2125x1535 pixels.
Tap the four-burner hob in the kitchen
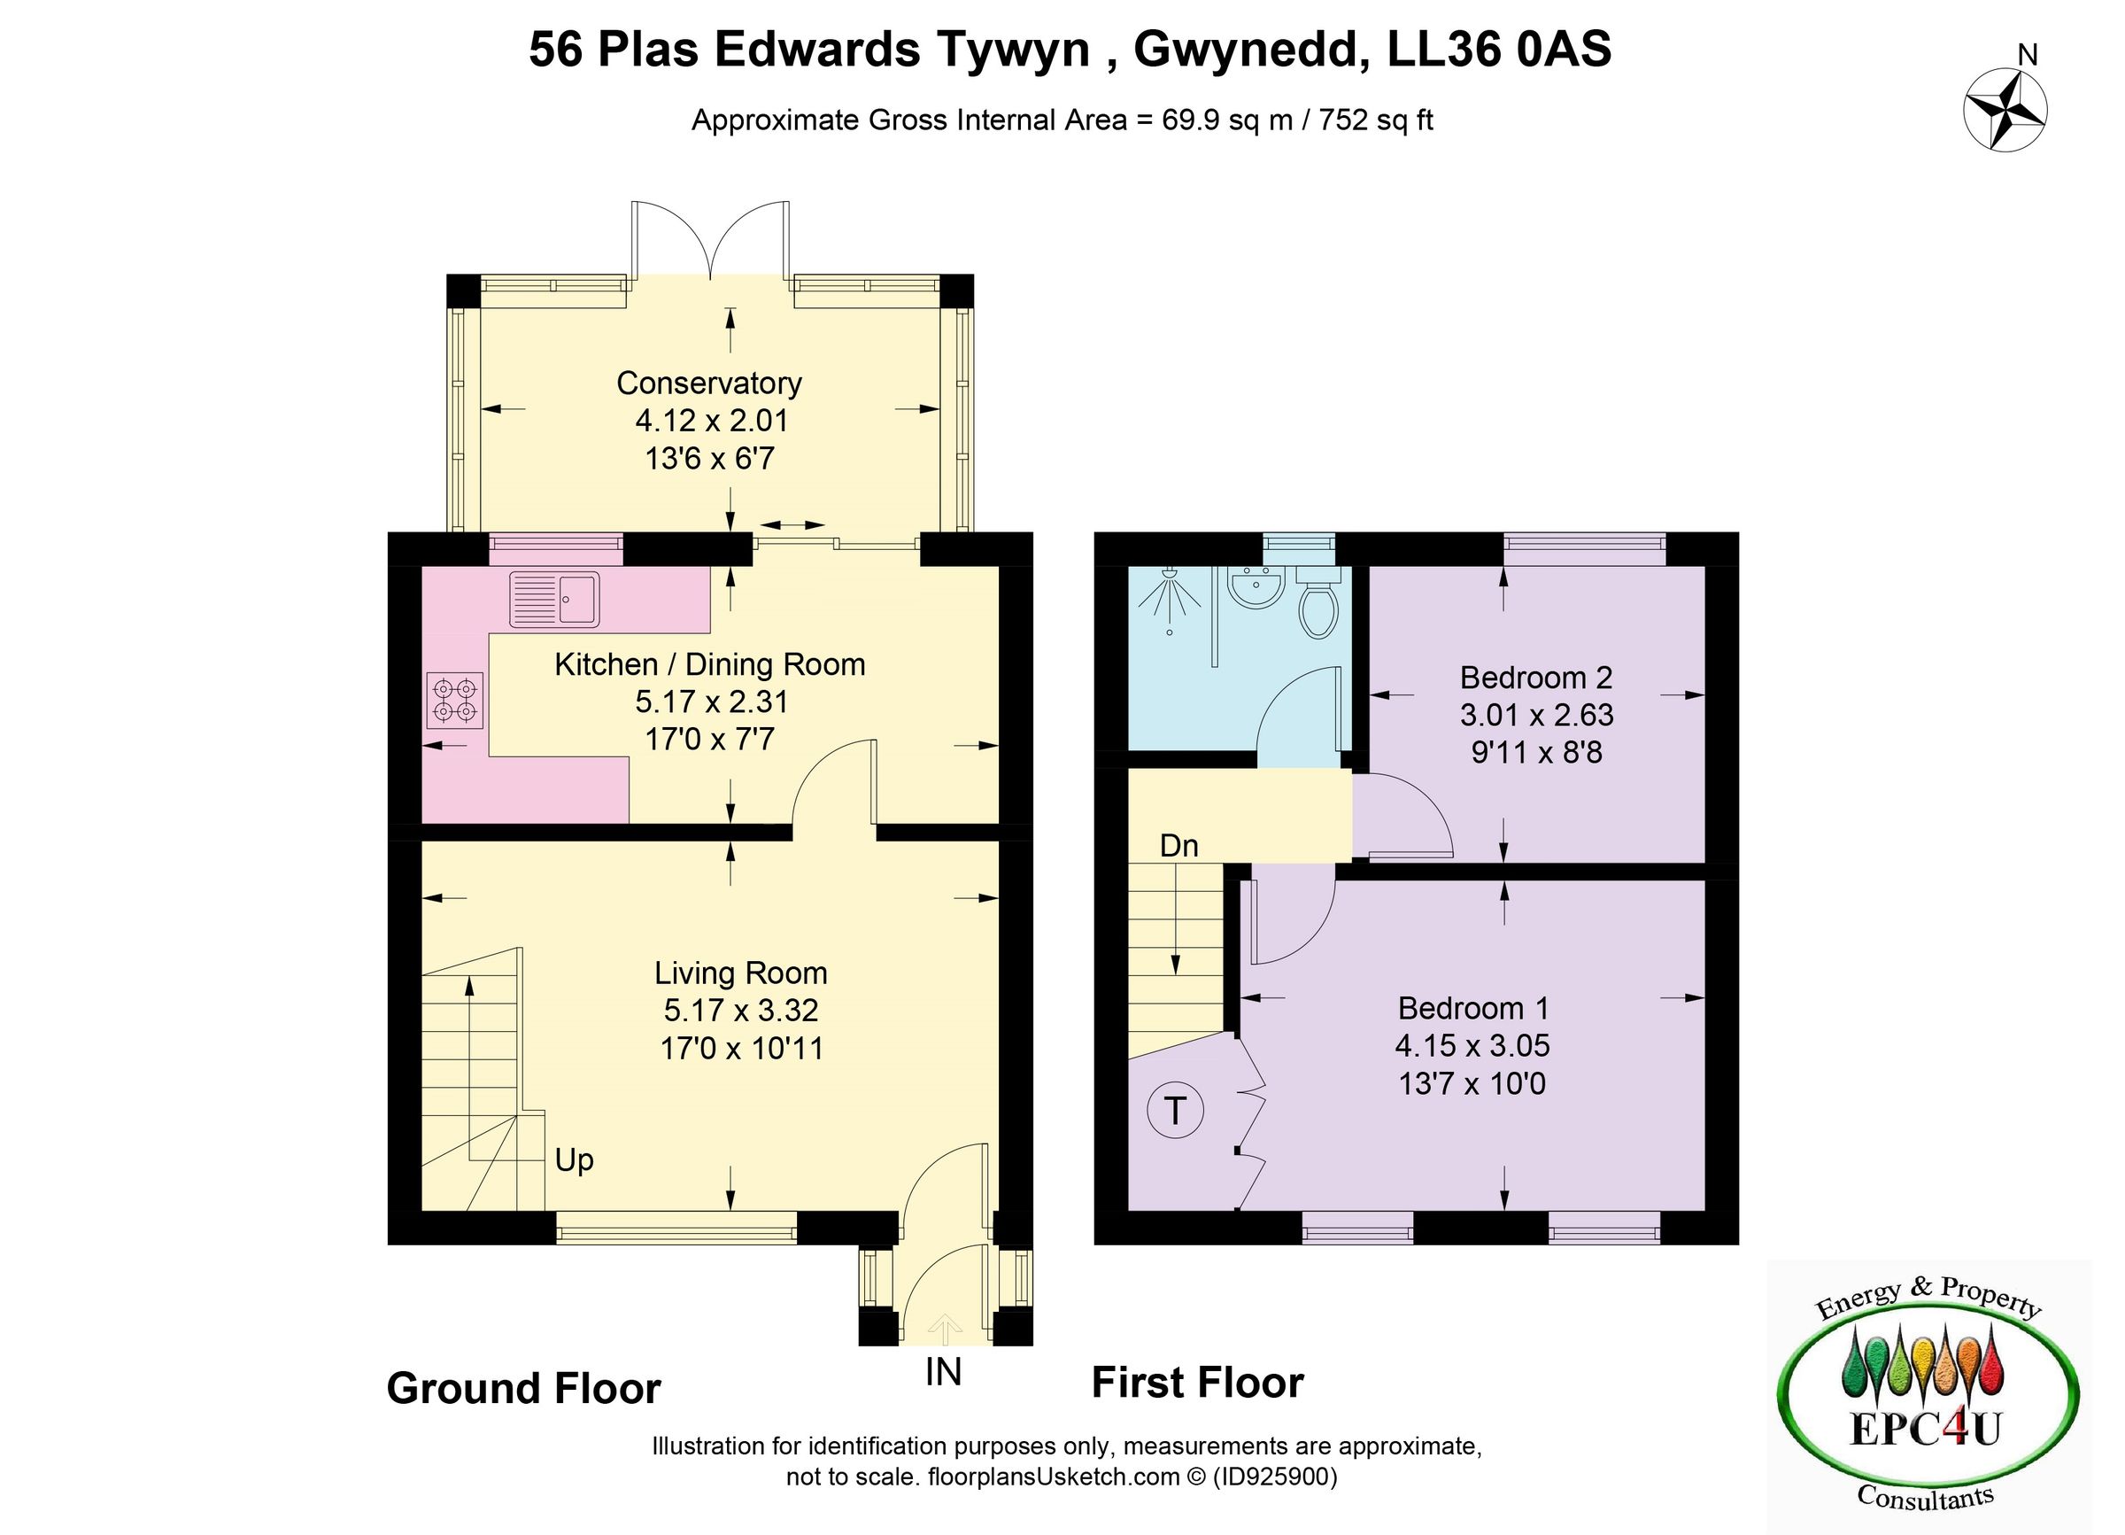click(455, 701)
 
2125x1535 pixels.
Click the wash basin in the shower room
click(1256, 588)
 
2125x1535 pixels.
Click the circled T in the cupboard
click(1175, 1111)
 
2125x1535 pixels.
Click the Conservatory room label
click(709, 384)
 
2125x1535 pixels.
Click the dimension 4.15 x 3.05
click(1472, 1045)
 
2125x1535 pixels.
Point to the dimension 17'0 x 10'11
click(741, 1048)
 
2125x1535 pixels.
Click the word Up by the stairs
click(575, 1160)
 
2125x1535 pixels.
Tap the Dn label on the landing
click(1178, 846)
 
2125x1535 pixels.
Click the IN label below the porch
click(943, 1372)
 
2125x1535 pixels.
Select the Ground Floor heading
click(524, 1388)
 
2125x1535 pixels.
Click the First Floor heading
click(1197, 1383)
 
